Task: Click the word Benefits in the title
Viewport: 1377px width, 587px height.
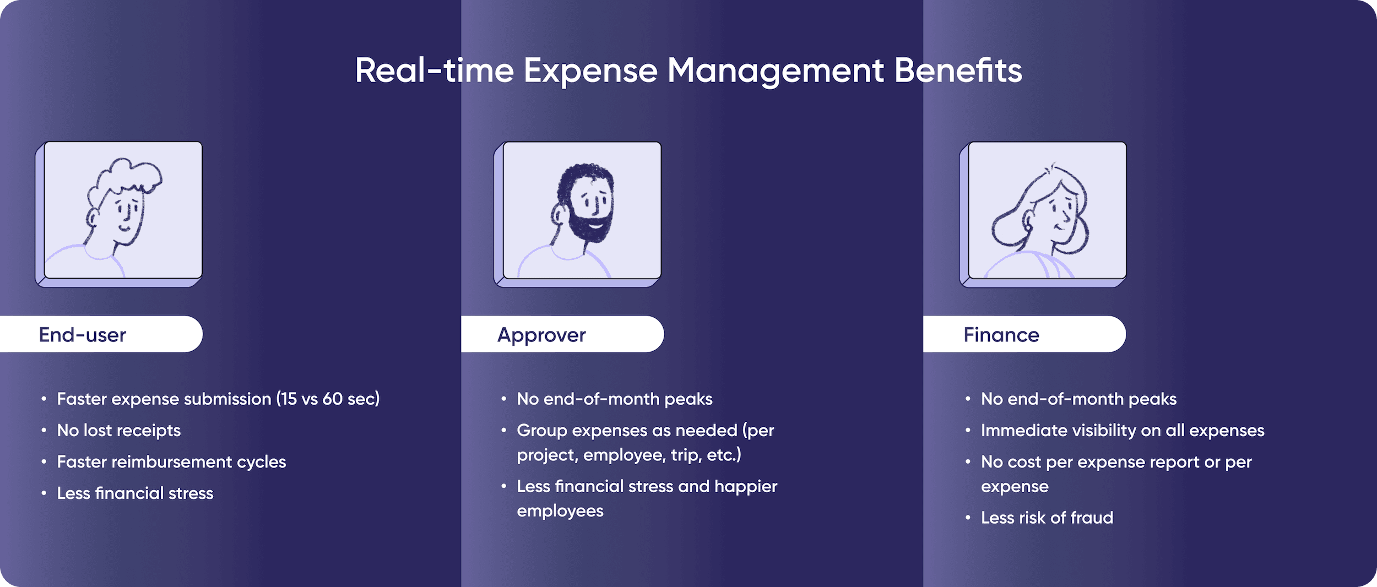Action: [x=958, y=71]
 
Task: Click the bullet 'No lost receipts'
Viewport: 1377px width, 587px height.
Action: [x=118, y=431]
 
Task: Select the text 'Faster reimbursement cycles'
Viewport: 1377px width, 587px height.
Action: [x=171, y=462]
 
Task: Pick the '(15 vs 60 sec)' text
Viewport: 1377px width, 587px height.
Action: [x=328, y=399]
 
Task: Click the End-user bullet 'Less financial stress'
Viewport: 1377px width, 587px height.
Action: [x=135, y=493]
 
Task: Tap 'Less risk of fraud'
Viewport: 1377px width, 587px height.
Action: [x=1047, y=518]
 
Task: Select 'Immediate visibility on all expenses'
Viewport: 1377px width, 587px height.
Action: [x=1122, y=431]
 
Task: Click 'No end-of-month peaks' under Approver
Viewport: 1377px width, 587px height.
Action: [x=614, y=399]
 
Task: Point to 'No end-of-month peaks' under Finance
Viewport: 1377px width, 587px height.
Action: [x=1078, y=399]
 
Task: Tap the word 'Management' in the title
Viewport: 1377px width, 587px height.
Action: [x=776, y=71]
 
